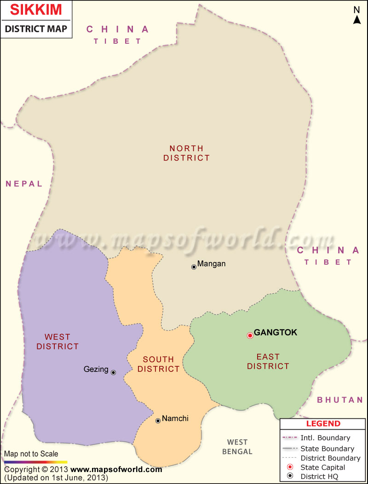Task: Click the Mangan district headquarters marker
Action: click(194, 267)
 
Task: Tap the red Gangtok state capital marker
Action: click(250, 336)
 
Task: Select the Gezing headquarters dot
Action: click(113, 372)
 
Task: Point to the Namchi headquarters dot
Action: click(158, 421)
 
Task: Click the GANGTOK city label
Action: click(276, 332)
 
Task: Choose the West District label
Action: click(57, 342)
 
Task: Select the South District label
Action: click(158, 364)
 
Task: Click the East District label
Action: click(268, 361)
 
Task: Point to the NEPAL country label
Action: click(24, 184)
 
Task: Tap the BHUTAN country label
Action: click(340, 400)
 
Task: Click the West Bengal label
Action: click(237, 447)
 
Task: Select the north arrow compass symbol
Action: click(357, 15)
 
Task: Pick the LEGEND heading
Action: click(323, 424)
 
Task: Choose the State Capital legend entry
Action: click(322, 467)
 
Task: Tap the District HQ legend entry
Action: click(319, 477)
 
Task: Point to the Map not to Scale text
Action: click(31, 454)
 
